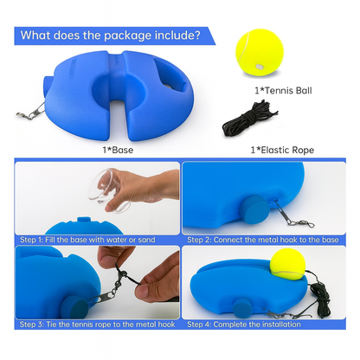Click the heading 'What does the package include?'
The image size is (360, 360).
tap(112, 35)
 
